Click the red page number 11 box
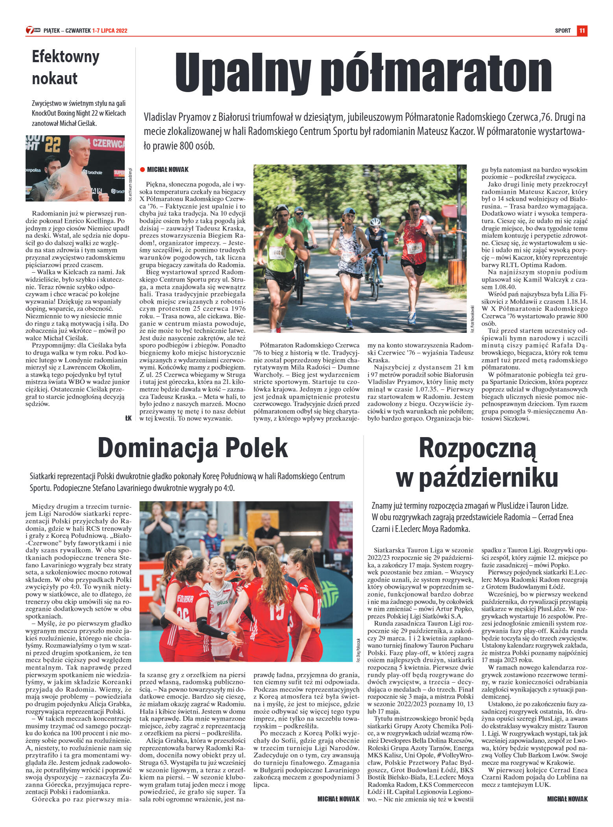pos(582,31)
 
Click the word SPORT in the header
pos(563,31)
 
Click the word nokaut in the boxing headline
pos(55,78)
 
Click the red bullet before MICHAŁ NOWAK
pos(142,170)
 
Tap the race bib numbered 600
pos(277,252)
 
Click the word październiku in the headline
pos(477,477)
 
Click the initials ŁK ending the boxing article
pos(128,418)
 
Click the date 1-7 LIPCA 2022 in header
pos(110,31)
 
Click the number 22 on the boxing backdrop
pos(52,144)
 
